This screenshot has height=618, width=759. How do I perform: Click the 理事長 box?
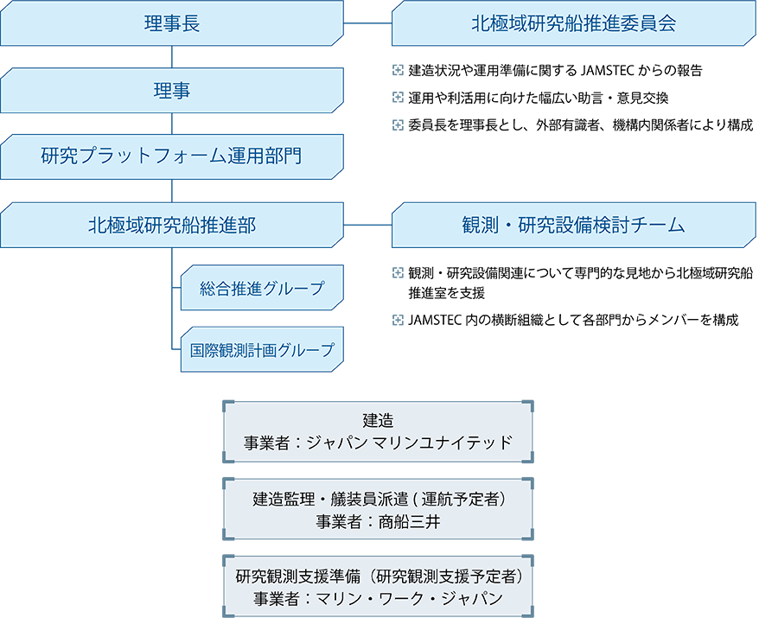pos(172,23)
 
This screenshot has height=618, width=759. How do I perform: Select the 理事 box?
pos(172,91)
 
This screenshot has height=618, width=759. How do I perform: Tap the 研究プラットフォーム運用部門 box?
pos(172,156)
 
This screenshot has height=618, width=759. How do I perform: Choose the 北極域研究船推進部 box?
pos(172,225)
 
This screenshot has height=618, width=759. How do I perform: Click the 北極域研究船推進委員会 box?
pos(574,23)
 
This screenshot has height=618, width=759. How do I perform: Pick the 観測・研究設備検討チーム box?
pos(574,225)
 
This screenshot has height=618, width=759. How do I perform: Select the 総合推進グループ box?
pos(262,288)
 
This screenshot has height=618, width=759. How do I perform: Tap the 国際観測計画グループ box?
pos(262,349)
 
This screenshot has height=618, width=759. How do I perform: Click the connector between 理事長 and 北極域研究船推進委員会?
pos(367,22)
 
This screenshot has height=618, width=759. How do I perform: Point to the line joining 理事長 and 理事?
pos(172,57)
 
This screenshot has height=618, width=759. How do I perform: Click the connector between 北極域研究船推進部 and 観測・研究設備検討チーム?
pos(367,225)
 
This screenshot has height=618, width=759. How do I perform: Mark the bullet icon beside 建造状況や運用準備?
pos(398,70)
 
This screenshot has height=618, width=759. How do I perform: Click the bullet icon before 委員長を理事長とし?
pos(398,125)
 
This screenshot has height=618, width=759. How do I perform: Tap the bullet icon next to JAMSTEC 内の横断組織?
pos(398,320)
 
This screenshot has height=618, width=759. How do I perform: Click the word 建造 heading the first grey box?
pos(378,420)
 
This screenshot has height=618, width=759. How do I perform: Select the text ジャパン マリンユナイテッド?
pos(410,443)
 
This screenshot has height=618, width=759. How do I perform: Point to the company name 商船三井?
pos(409,522)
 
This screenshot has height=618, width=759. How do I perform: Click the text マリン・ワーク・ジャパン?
pos(410,599)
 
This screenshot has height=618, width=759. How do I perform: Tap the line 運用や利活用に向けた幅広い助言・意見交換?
pos(539,98)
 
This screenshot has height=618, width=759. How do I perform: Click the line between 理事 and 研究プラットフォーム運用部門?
pos(172,124)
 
